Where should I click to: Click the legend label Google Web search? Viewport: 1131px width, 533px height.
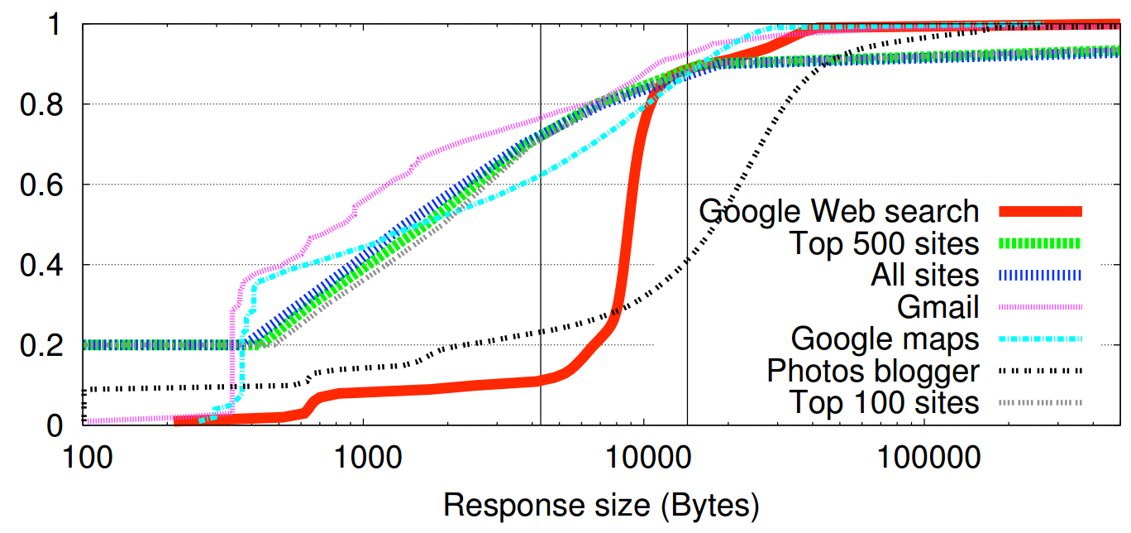pyautogui.click(x=838, y=211)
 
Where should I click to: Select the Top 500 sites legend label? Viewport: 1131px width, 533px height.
pyautogui.click(x=883, y=243)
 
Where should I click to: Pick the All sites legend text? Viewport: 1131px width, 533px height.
pyautogui.click(x=924, y=275)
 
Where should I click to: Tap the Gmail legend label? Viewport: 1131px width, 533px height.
pyautogui.click(x=938, y=307)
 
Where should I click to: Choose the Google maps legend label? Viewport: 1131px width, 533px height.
pyautogui.click(x=885, y=339)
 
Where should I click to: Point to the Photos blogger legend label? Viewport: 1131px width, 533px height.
pyautogui.click(x=873, y=371)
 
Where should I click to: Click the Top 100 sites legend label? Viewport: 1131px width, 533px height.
pyautogui.click(x=883, y=402)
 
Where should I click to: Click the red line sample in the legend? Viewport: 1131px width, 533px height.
pyautogui.click(x=1040, y=212)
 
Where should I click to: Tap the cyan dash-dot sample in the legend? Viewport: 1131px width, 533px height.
pyautogui.click(x=1040, y=339)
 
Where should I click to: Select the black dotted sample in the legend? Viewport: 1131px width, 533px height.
pyautogui.click(x=1040, y=371)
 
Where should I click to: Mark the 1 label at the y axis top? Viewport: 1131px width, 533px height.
pyautogui.click(x=54, y=25)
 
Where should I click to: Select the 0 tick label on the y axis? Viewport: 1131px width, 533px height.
pyautogui.click(x=54, y=425)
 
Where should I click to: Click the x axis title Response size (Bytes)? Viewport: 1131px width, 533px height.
pyautogui.click(x=601, y=504)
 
